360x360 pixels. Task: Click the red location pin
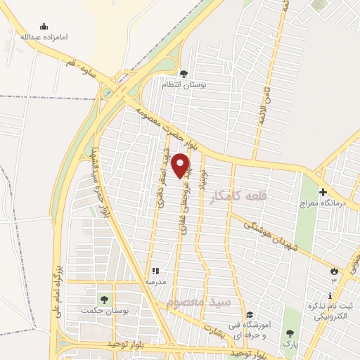pyautogui.click(x=181, y=165)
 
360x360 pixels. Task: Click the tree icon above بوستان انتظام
pyautogui.click(x=184, y=73)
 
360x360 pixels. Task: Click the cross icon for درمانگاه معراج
pyautogui.click(x=323, y=193)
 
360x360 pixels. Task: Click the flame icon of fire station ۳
pyautogui.click(x=334, y=270)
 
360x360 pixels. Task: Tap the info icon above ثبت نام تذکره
pyautogui.click(x=330, y=296)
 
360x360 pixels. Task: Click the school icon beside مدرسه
pyautogui.click(x=155, y=270)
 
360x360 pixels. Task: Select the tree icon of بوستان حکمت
pyautogui.click(x=104, y=300)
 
